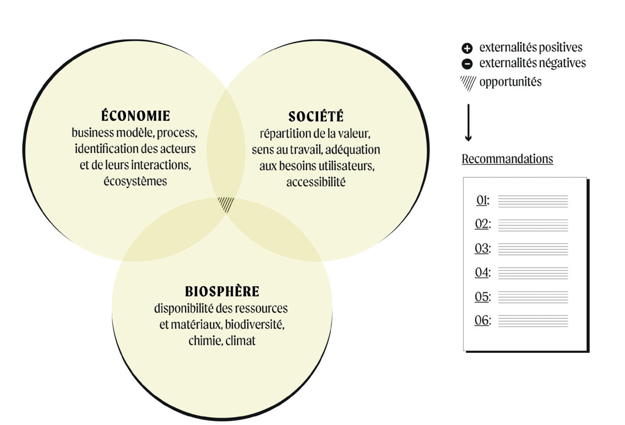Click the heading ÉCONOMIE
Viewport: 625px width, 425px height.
(x=135, y=116)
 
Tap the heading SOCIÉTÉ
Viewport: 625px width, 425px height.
(x=316, y=117)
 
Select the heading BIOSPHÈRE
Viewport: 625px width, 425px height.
(x=222, y=292)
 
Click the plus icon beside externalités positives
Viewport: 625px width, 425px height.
(x=467, y=48)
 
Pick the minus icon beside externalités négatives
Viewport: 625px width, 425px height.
(x=467, y=64)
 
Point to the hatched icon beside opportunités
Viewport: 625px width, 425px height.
(x=468, y=83)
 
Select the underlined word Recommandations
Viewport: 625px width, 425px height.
(x=507, y=159)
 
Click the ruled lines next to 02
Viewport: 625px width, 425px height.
(x=533, y=225)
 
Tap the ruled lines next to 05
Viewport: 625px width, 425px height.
(x=533, y=297)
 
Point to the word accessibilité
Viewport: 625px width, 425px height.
(x=316, y=182)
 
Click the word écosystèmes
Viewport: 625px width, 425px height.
(x=135, y=181)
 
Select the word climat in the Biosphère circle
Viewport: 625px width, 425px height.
(x=241, y=341)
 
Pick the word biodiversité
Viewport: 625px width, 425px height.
(x=255, y=325)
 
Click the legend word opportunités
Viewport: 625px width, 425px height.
(x=510, y=82)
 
